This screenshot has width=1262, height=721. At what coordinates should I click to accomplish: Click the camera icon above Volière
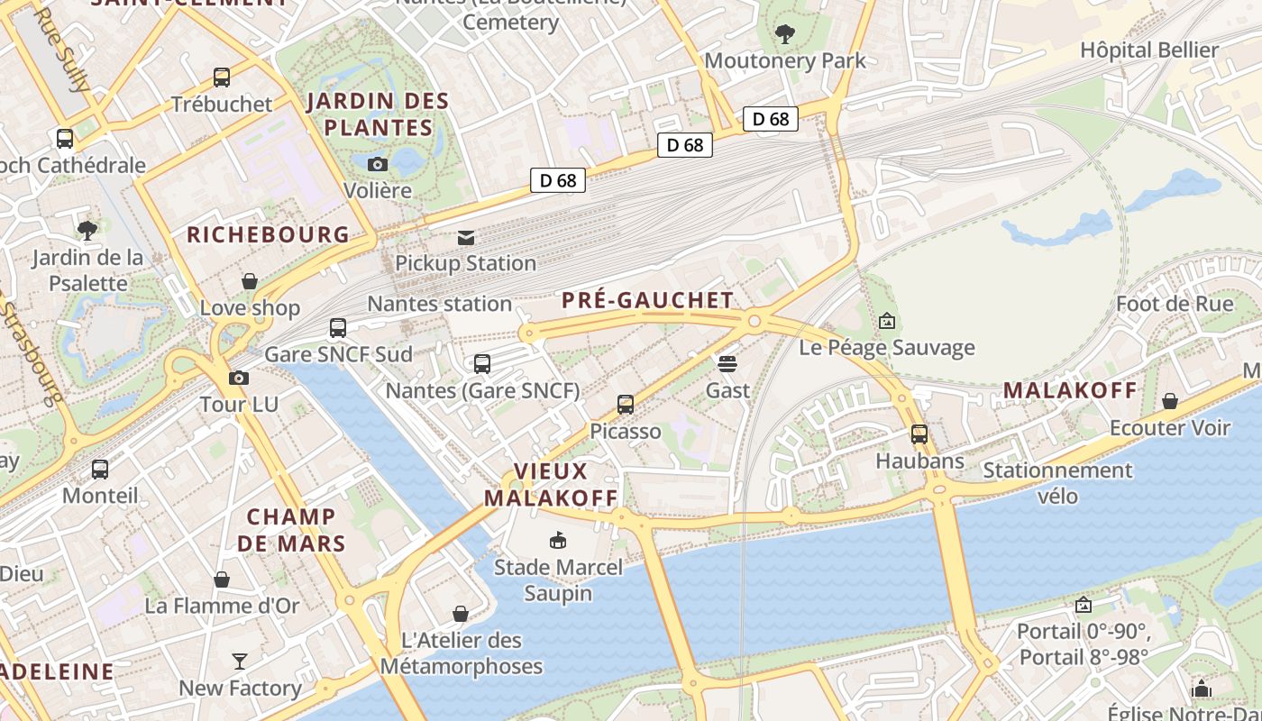(378, 164)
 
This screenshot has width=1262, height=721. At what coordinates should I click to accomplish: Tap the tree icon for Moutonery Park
(785, 34)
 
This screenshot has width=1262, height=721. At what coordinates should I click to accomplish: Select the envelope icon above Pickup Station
(466, 238)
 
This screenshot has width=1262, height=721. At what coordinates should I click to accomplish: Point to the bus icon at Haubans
(919, 434)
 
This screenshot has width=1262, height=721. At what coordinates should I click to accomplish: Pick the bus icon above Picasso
(626, 405)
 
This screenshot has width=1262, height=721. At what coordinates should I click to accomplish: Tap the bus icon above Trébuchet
(222, 78)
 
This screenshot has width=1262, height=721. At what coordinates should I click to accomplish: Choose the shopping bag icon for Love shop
(250, 282)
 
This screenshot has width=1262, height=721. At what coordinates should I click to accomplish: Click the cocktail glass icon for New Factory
(240, 662)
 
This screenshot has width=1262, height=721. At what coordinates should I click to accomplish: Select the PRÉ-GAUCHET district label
(647, 300)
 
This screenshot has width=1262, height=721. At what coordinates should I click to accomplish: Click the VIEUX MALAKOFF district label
(551, 485)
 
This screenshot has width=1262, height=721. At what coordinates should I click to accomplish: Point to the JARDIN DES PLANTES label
(378, 114)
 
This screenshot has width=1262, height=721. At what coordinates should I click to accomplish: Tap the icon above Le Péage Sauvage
(887, 321)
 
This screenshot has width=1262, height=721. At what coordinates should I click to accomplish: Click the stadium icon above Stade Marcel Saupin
(558, 541)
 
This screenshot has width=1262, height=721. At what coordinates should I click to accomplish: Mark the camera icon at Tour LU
(239, 379)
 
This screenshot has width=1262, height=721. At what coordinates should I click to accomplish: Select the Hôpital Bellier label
(1149, 50)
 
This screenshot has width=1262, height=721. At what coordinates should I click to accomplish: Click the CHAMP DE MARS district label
(291, 530)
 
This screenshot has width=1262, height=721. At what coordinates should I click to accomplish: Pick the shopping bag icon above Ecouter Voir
(1170, 401)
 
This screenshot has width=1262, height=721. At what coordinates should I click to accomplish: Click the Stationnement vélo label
(1057, 483)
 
